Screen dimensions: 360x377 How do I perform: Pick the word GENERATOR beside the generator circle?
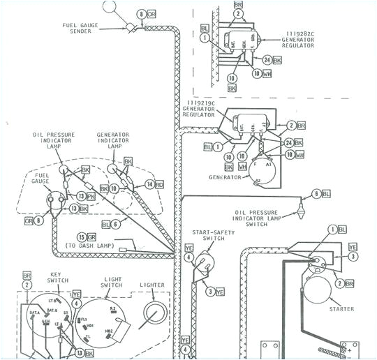point(224,177)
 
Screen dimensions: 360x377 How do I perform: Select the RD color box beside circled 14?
point(159,184)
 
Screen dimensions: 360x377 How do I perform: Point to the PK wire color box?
point(92,196)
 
